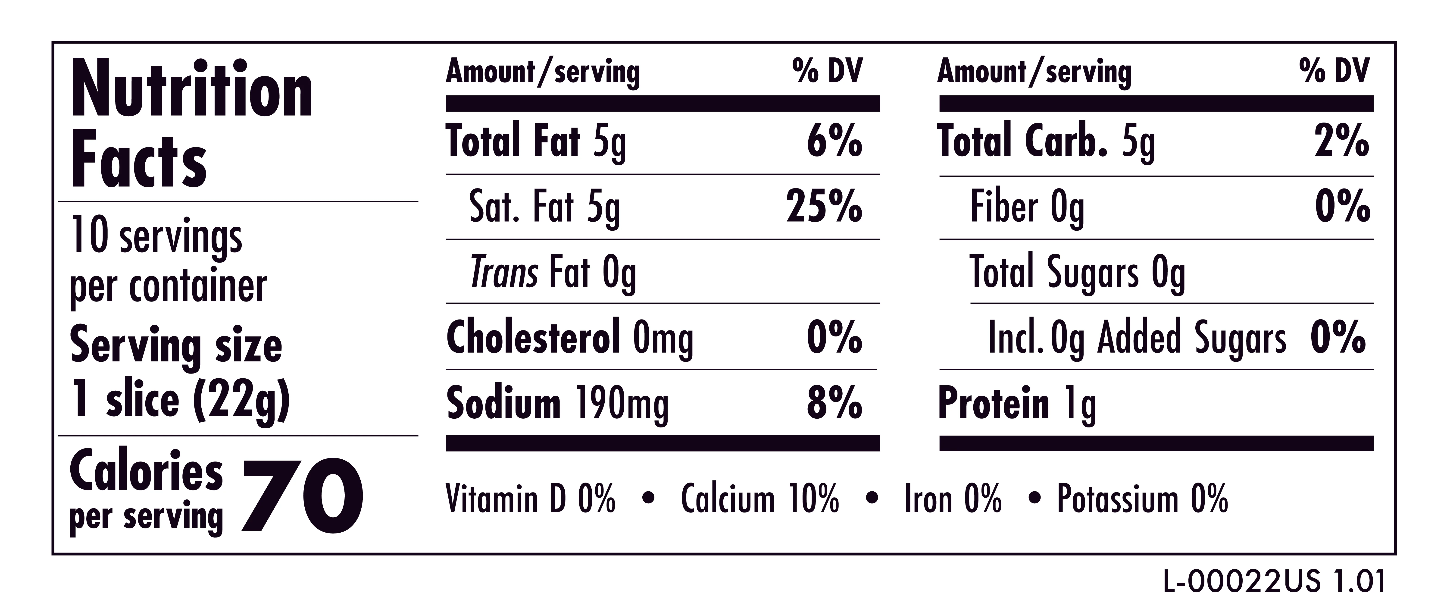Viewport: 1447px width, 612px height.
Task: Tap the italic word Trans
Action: tap(504, 273)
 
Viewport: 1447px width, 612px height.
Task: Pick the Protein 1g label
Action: tap(1017, 404)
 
